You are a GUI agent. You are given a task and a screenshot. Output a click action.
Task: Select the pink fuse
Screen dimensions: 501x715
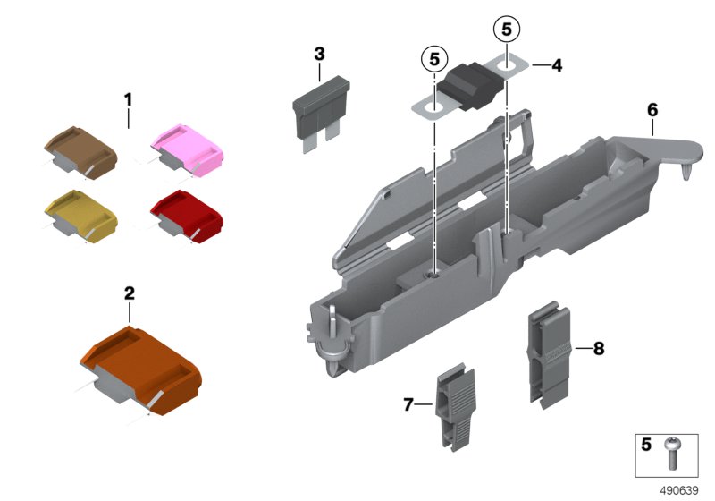tap(189, 147)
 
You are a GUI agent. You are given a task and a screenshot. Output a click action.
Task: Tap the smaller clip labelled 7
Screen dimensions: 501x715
tap(456, 402)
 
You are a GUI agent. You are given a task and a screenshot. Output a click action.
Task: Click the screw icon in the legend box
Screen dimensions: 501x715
tap(672, 452)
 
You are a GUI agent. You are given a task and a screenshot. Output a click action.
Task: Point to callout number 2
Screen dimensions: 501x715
tap(130, 293)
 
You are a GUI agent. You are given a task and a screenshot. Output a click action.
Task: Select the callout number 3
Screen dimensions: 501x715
tap(320, 54)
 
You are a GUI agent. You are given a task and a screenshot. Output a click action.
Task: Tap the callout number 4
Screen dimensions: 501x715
tap(556, 65)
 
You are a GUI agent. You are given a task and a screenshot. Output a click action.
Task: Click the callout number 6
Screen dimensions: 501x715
tap(652, 110)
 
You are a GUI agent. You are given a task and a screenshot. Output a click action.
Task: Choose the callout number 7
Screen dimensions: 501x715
tap(408, 405)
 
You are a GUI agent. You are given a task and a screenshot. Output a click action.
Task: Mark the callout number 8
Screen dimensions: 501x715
tap(598, 348)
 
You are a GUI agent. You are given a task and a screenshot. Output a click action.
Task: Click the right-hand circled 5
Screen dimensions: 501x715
tap(507, 30)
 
